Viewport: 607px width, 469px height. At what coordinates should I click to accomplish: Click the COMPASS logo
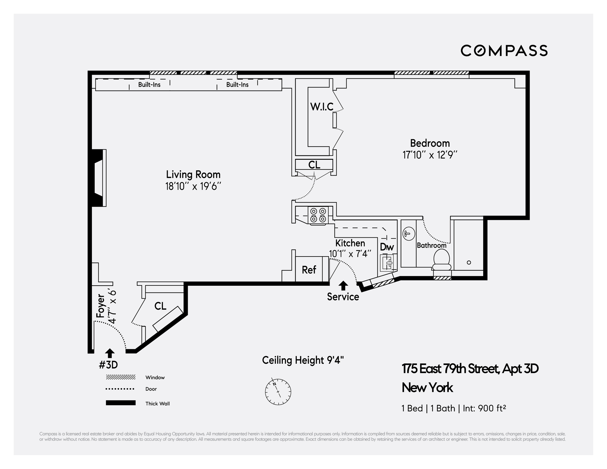coord(504,51)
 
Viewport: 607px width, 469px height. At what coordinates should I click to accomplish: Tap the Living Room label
coord(193,175)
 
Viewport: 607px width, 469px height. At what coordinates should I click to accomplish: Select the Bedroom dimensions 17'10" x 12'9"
coord(430,155)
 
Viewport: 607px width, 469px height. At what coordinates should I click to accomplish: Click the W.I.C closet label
coord(322,107)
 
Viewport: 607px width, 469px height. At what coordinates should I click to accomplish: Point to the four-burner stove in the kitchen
coord(318,215)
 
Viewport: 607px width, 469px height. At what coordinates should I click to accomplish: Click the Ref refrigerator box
coord(309,269)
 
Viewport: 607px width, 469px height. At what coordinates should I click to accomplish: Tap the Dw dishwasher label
coord(387,247)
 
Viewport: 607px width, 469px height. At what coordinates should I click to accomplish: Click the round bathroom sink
coord(408,234)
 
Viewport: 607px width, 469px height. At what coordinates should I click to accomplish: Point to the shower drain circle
coord(469,262)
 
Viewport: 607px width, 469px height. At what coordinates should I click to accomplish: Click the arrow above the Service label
coord(343,286)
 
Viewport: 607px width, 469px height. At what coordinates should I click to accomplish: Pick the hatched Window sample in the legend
coord(120,377)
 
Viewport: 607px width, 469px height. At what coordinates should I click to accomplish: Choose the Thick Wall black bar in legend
coord(120,403)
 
